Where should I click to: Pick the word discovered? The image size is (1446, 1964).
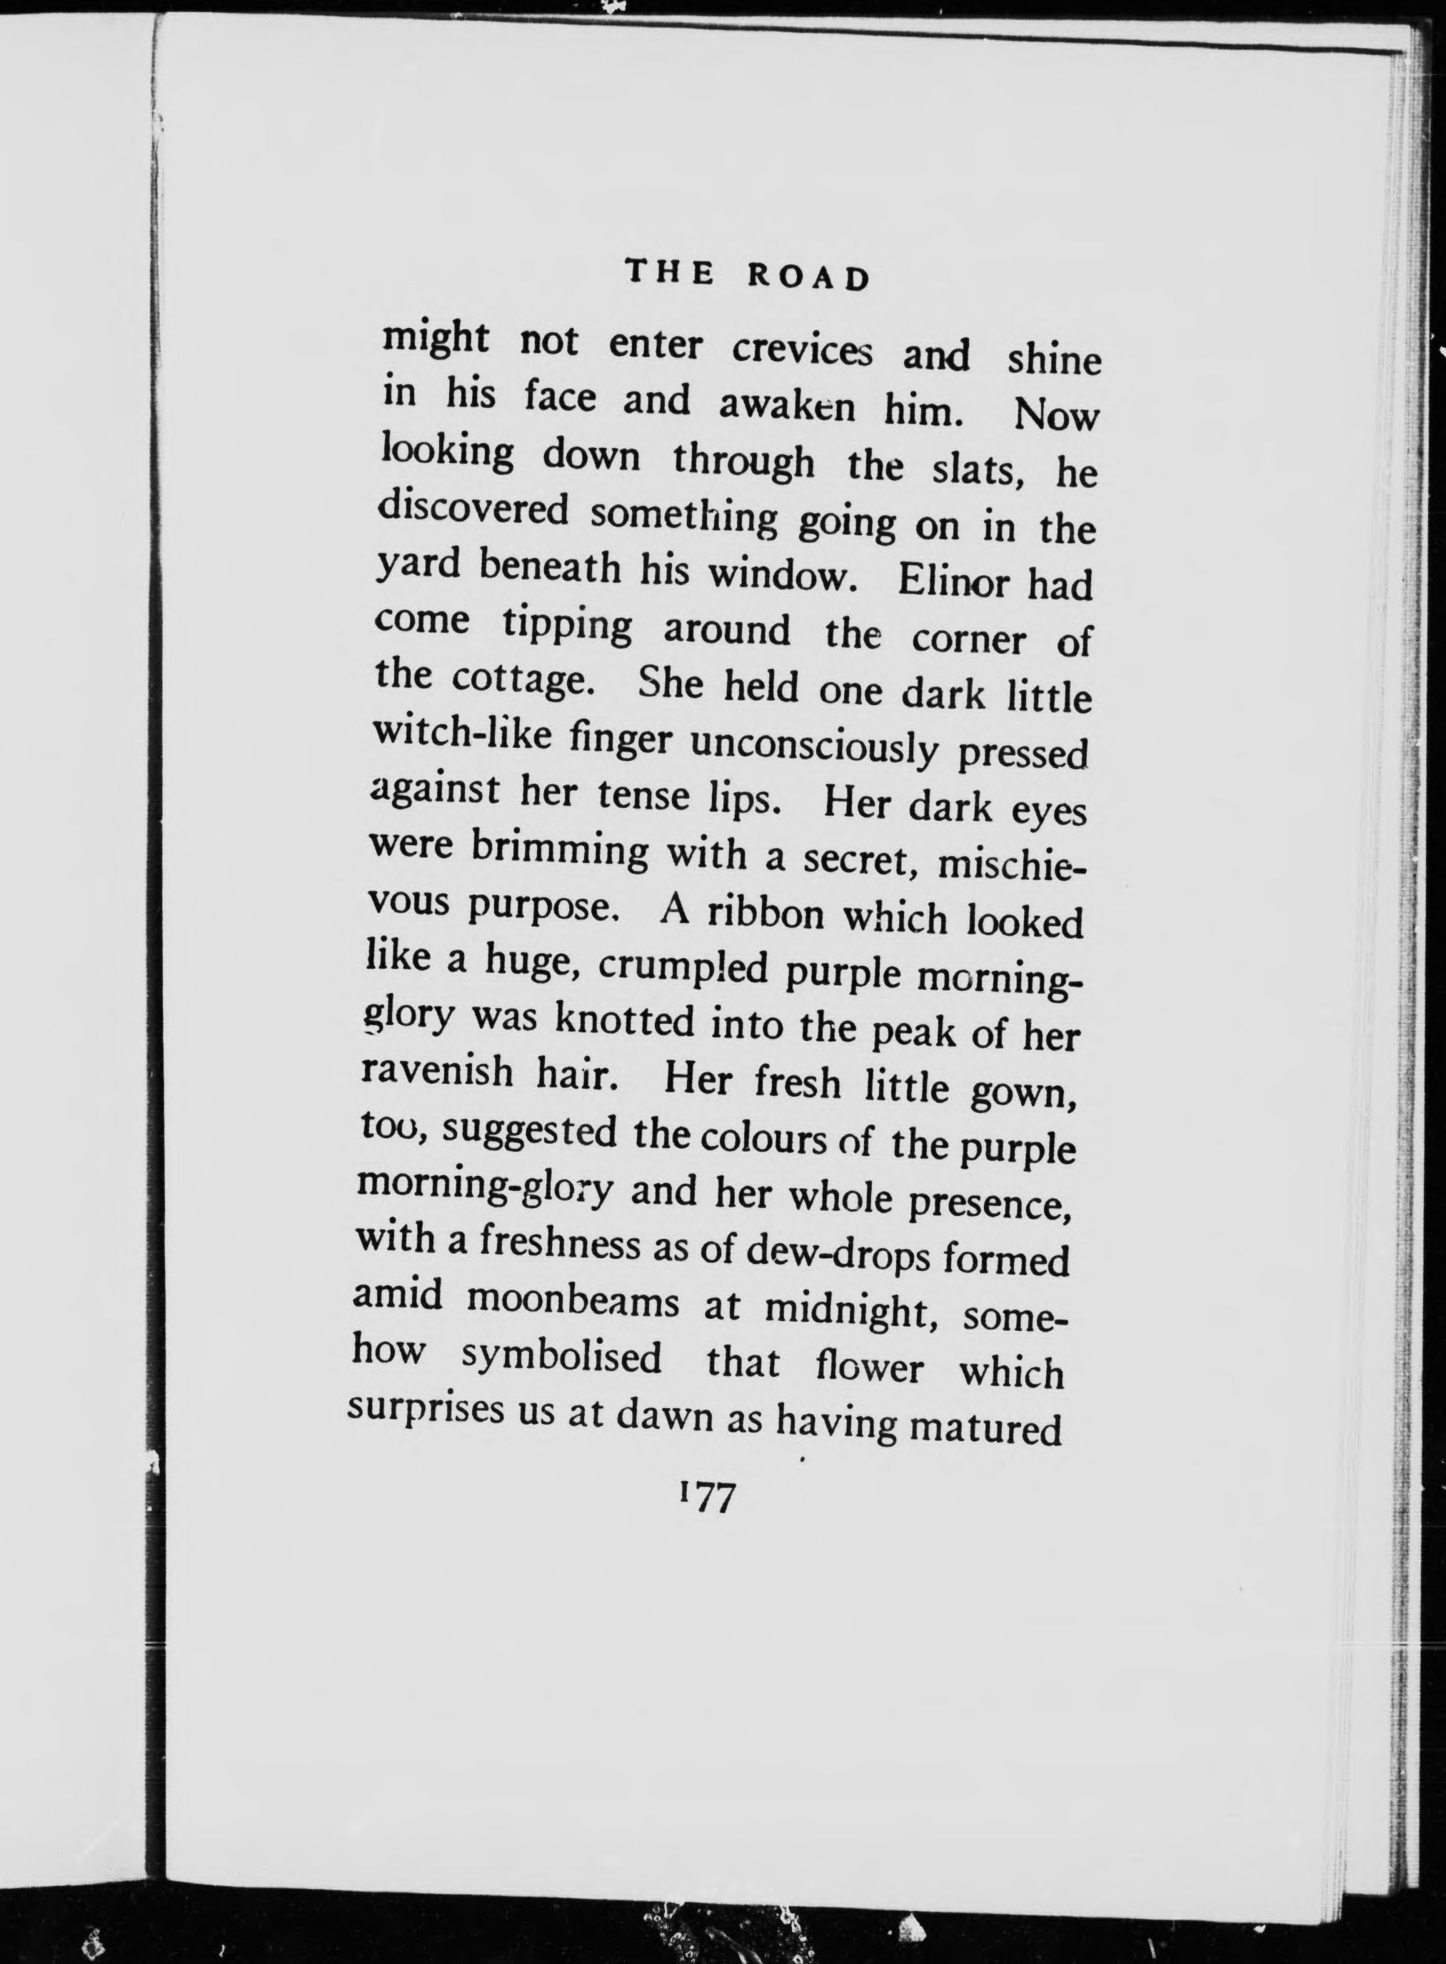pyautogui.click(x=473, y=512)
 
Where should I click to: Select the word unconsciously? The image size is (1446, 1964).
pyautogui.click(x=814, y=747)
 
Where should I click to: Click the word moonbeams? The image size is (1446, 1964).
pyautogui.click(x=573, y=1301)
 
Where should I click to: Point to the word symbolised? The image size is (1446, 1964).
pyautogui.click(x=561, y=1358)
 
